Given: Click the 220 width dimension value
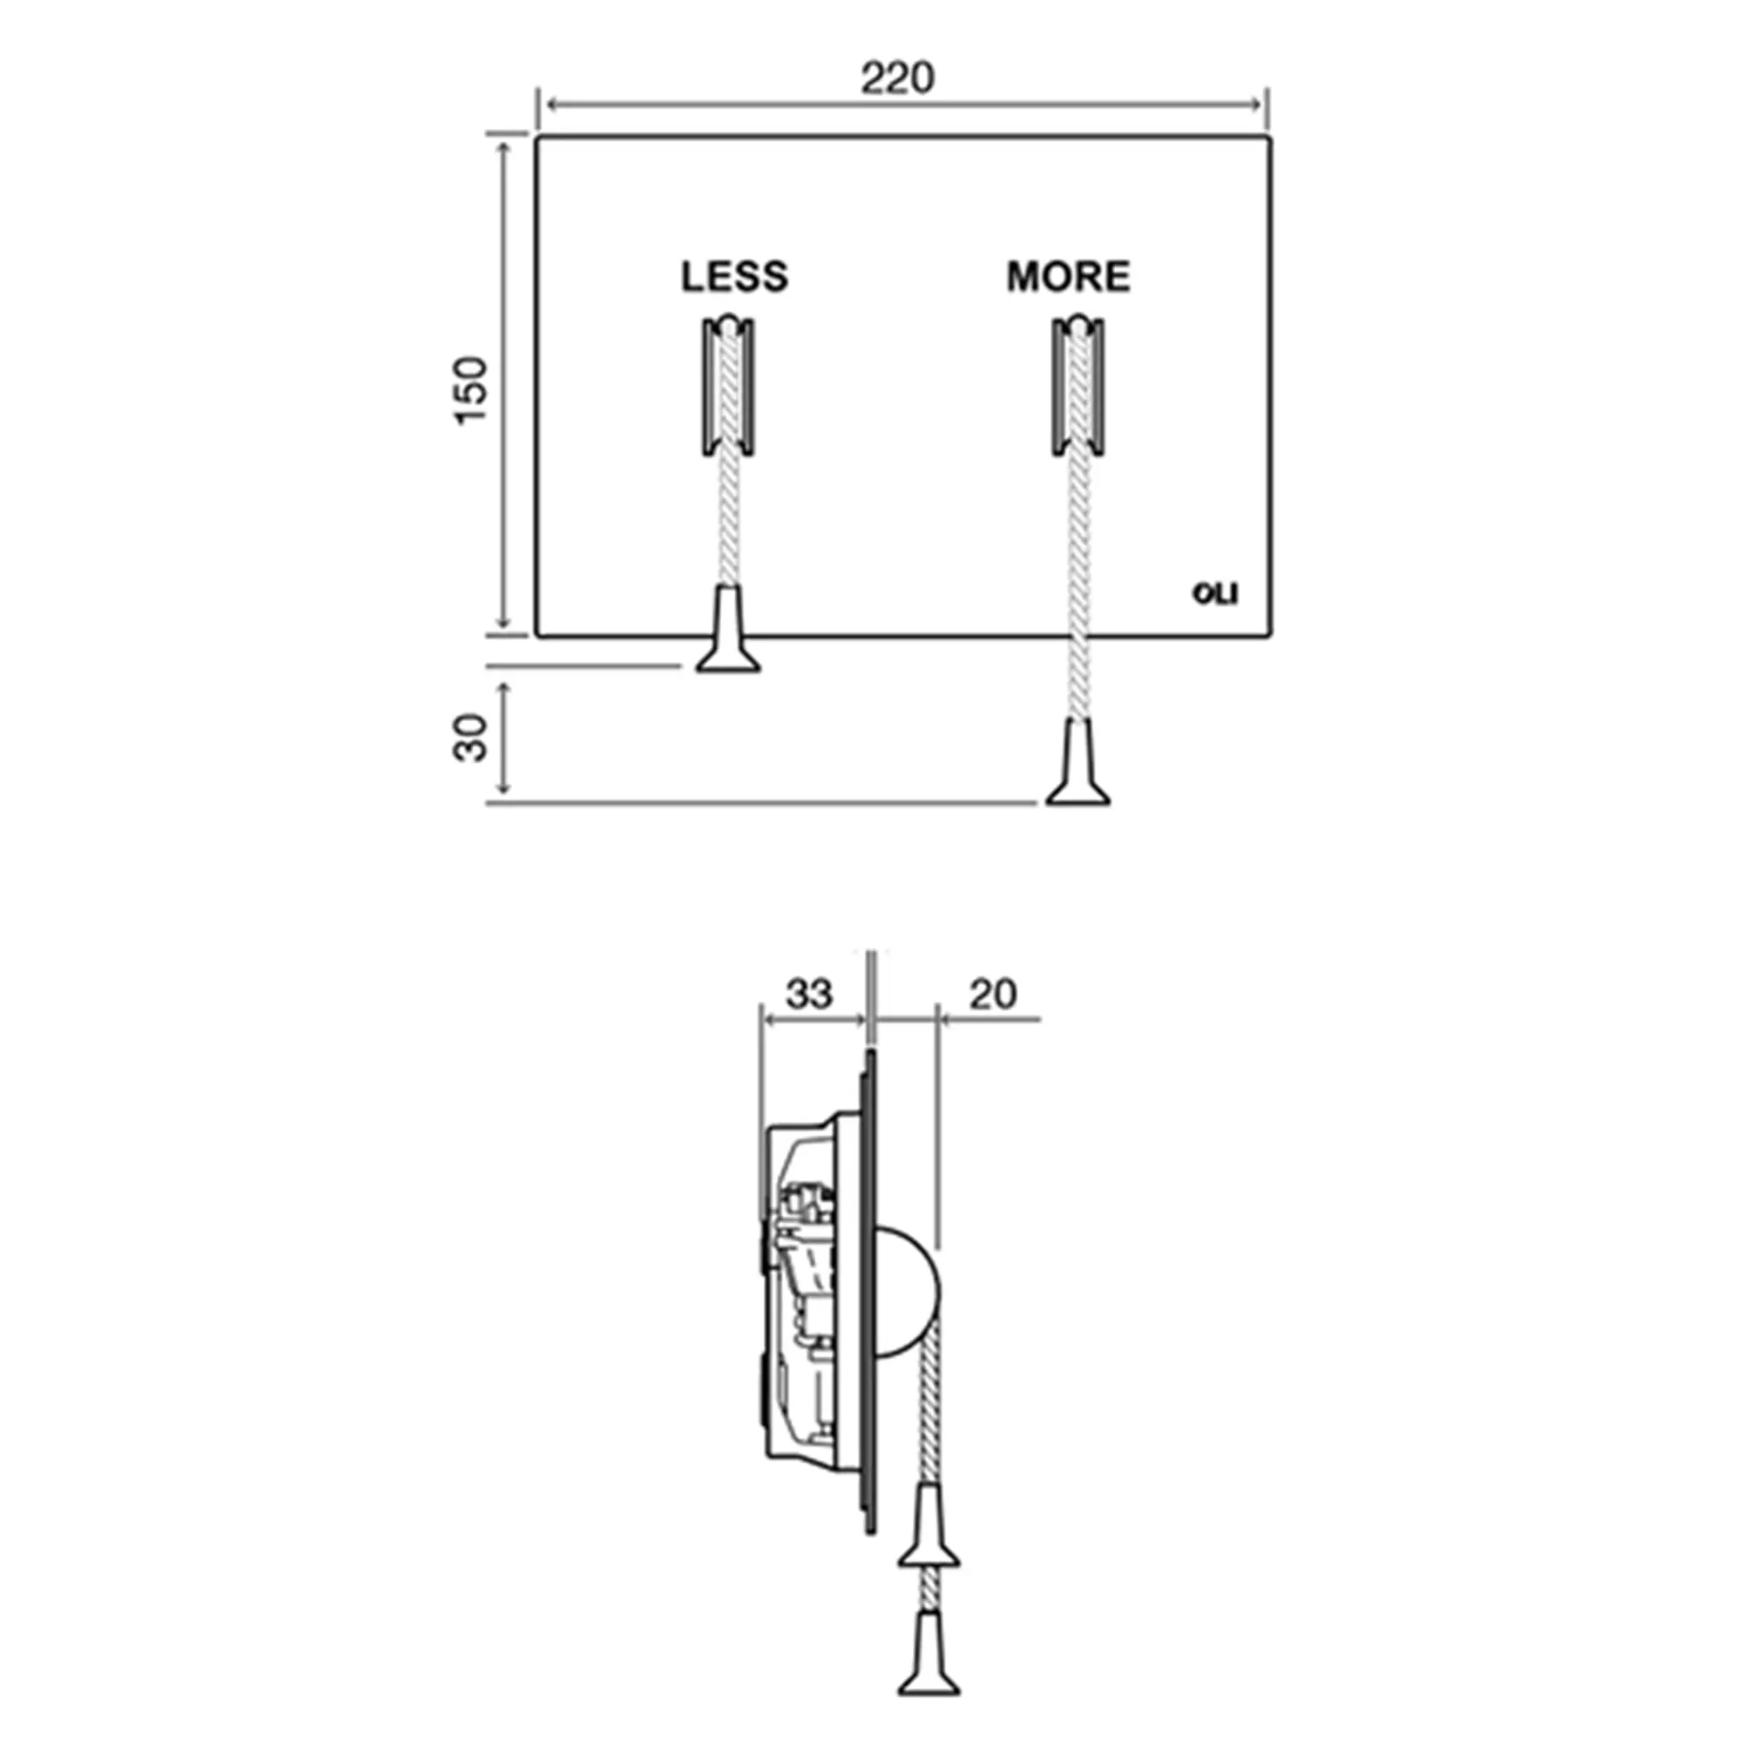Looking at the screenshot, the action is (x=897, y=79).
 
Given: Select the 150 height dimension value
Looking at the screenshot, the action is (x=471, y=389).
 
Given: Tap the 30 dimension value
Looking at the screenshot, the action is (x=469, y=738).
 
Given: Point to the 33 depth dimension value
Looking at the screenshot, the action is (x=809, y=995).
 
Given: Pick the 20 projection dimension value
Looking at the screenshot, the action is (x=993, y=995).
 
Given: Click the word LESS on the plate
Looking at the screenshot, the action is (x=735, y=277).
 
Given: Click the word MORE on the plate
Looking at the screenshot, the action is (x=1069, y=277).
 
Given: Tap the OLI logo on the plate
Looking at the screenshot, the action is (x=1215, y=594).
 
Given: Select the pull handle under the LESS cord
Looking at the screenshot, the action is (x=727, y=629).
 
